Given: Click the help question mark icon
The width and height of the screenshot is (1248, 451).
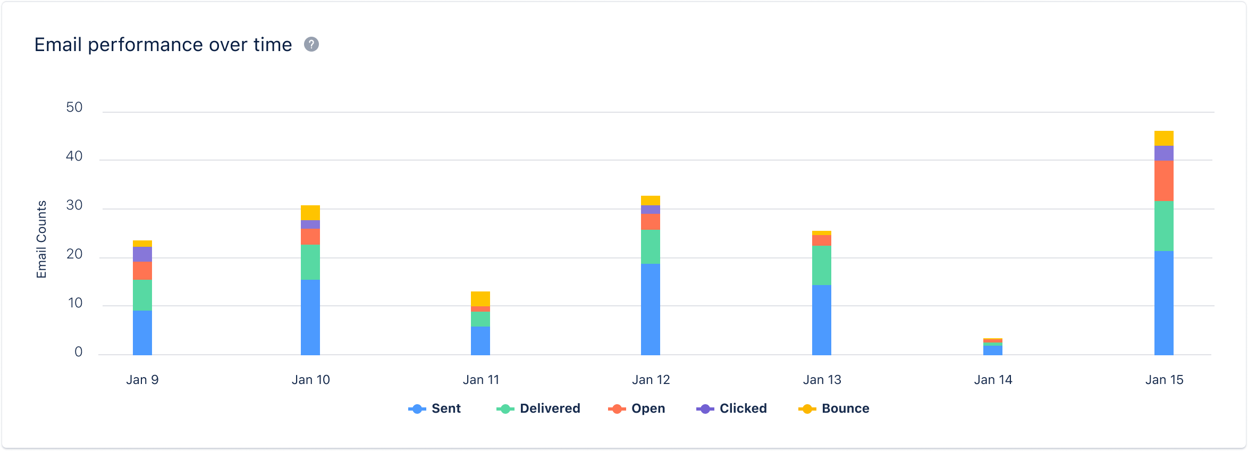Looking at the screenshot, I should pyautogui.click(x=311, y=45).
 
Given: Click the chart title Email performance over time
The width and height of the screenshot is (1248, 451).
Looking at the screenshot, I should pyautogui.click(x=163, y=45).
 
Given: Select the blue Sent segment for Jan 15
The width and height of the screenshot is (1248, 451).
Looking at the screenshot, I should pyautogui.click(x=1164, y=303).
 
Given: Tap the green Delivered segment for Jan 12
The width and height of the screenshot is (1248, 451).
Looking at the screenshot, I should pyautogui.click(x=651, y=247).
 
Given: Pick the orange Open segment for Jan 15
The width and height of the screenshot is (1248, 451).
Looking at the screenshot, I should pyautogui.click(x=1164, y=181).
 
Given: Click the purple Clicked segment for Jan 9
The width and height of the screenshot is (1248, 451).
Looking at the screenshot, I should pyautogui.click(x=142, y=254).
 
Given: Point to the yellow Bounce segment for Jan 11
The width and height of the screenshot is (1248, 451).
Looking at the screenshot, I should pyautogui.click(x=480, y=299).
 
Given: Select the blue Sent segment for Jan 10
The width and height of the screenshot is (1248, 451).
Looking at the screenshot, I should pyautogui.click(x=310, y=317).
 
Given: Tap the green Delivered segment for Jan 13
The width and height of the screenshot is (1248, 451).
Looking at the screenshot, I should pyautogui.click(x=822, y=265).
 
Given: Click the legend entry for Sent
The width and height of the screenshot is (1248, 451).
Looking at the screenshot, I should pyautogui.click(x=435, y=408).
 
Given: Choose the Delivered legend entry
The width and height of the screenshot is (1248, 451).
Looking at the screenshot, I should pyautogui.click(x=539, y=408).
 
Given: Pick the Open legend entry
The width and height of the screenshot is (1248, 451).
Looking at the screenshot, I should pyautogui.click(x=637, y=408).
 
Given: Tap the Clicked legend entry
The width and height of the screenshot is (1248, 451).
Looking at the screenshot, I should pyautogui.click(x=732, y=408).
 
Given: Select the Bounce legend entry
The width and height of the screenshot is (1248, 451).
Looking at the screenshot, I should pyautogui.click(x=834, y=408).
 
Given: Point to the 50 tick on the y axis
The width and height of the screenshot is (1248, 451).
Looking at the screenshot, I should pyautogui.click(x=74, y=107).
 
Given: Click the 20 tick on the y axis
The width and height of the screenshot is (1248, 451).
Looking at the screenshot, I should pyautogui.click(x=74, y=254).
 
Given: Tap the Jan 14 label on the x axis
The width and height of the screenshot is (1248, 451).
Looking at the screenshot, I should pyautogui.click(x=993, y=380).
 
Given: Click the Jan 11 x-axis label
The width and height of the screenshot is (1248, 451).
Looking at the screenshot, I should pyautogui.click(x=481, y=380).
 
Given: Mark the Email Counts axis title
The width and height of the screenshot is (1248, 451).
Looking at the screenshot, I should pyautogui.click(x=41, y=239).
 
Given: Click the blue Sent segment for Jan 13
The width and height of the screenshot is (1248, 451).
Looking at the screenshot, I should pyautogui.click(x=822, y=320).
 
